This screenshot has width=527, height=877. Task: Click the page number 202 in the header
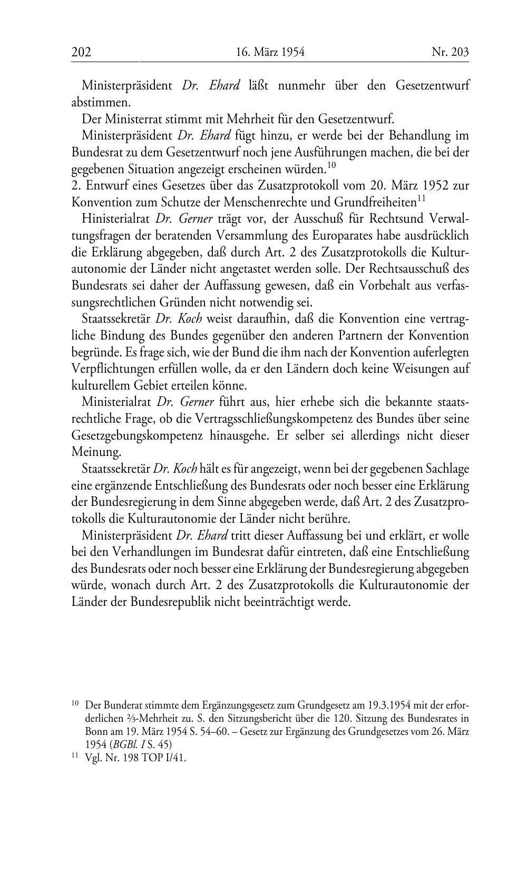82,52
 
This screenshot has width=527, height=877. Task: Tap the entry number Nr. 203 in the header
450,52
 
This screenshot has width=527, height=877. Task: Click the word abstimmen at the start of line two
101,102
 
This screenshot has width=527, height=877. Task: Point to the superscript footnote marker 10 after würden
331,165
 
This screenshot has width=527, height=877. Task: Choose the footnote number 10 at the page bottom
75,703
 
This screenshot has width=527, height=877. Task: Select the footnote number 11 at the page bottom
75,757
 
